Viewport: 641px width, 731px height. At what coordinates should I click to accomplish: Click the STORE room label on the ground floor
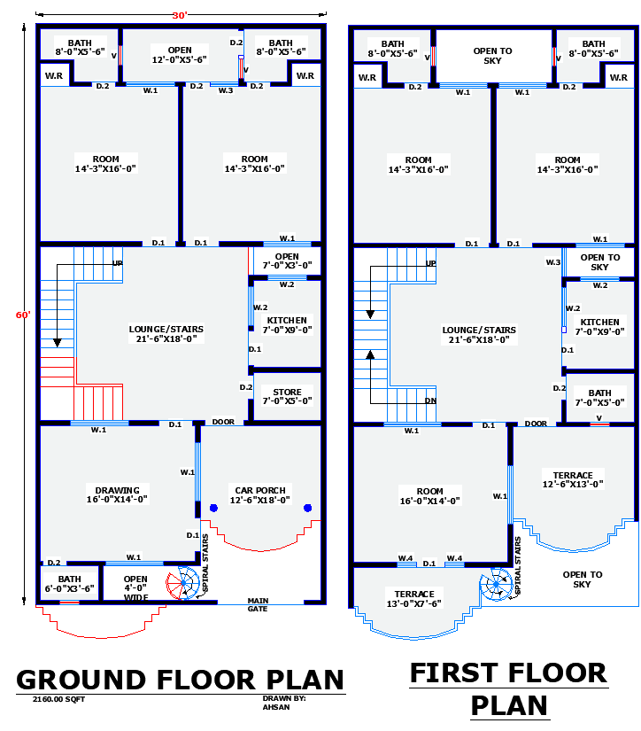(x=287, y=396)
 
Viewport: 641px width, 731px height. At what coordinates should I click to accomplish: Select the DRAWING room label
(x=117, y=494)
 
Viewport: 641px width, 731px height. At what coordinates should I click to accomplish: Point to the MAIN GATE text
(x=258, y=605)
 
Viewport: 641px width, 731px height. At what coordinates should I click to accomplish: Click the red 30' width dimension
(x=181, y=14)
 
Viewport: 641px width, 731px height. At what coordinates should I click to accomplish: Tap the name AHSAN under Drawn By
(x=274, y=706)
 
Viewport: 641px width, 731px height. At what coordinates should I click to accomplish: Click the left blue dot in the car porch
(x=213, y=508)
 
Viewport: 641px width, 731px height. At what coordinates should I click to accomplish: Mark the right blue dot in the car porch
(x=308, y=508)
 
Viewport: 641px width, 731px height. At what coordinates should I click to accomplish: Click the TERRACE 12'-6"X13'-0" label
(x=573, y=479)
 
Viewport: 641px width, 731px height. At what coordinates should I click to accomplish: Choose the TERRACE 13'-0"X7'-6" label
(x=414, y=599)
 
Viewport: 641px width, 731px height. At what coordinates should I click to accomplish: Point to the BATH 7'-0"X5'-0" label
(x=599, y=398)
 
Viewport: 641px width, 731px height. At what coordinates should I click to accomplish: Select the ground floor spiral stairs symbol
(x=185, y=583)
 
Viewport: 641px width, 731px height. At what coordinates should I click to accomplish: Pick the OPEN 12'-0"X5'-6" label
(x=180, y=54)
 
